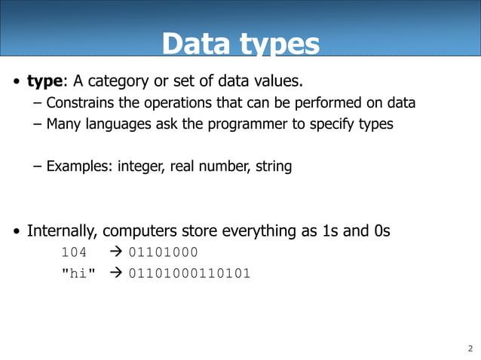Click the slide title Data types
point(240,44)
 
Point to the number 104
point(74,252)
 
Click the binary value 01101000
point(164,252)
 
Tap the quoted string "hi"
point(78,273)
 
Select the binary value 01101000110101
point(189,273)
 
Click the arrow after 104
point(118,252)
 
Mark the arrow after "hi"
point(118,273)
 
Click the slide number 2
point(470,348)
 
